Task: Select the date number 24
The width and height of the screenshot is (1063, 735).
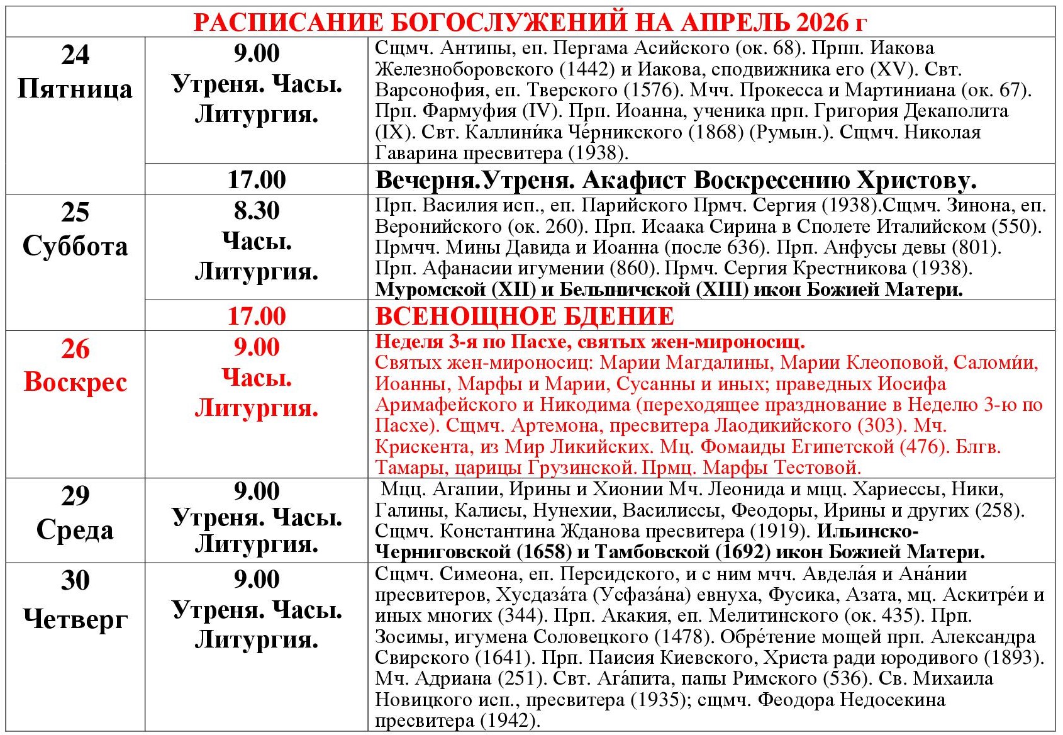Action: (75, 55)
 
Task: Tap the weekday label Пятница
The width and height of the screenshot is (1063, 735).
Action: (75, 89)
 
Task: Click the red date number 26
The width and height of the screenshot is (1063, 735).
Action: (75, 349)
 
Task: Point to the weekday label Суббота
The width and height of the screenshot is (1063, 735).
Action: (75, 246)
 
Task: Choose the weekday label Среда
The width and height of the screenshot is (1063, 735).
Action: (75, 530)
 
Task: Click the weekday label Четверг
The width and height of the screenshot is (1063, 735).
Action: (75, 619)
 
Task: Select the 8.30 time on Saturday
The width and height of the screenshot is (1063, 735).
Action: (257, 211)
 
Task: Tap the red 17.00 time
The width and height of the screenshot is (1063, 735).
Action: (257, 316)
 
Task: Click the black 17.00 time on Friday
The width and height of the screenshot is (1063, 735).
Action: (257, 180)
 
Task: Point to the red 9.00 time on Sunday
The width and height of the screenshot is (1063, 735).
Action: (257, 347)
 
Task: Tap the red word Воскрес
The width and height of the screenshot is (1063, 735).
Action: (75, 383)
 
